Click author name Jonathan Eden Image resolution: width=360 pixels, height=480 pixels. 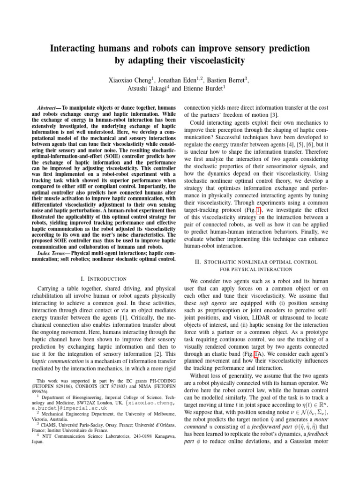[185, 80]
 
